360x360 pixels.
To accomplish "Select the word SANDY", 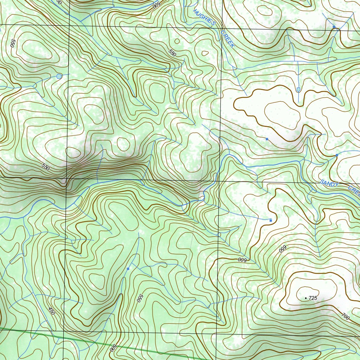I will coord(329,184).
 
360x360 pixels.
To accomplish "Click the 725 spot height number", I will coord(313,298).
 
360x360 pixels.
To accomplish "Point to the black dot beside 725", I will coord(306,298).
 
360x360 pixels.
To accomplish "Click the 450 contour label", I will coord(52,311).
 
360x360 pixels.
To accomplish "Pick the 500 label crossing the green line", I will coord(113,348).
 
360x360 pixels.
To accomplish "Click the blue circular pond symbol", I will coord(59,76).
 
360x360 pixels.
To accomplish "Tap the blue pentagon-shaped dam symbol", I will coord(298,90).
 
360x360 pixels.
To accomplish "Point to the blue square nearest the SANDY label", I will coord(337,155).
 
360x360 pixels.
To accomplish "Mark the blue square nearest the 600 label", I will coord(270,220).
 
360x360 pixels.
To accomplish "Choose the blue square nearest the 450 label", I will coord(128,269).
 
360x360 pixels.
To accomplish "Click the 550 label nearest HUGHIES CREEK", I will coord(172,53).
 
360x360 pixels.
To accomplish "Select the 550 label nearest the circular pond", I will coord(13,43).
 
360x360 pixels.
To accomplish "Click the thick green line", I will coord(88,341).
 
